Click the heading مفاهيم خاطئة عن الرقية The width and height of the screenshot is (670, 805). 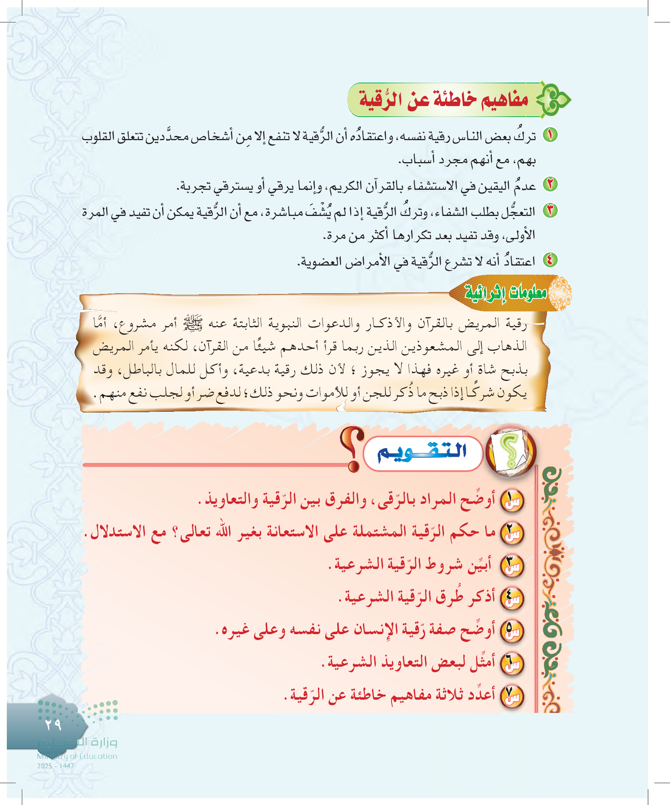point(444,100)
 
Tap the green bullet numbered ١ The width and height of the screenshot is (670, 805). point(550,135)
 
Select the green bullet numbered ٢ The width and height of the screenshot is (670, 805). point(550,184)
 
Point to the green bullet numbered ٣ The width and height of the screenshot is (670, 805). point(550,211)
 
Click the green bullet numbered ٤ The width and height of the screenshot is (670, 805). point(550,260)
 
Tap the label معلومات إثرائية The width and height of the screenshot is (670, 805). point(506,293)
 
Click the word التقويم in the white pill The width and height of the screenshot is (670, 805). point(422,452)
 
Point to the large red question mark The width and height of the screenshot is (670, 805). point(354,449)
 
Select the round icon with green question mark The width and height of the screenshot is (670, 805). point(511,451)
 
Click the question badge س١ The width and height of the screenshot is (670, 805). point(512,501)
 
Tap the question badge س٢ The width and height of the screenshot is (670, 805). point(512,533)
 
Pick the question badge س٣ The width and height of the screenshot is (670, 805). point(512,566)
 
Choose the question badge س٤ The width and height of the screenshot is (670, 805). point(512,599)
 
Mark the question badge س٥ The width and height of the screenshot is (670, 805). point(512,631)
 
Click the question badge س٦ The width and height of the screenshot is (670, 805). point(512,664)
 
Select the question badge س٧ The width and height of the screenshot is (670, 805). point(512,696)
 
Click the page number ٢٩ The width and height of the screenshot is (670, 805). point(53,724)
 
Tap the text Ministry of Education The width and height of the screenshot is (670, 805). point(77,756)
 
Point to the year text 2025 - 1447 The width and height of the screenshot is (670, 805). point(56,766)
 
